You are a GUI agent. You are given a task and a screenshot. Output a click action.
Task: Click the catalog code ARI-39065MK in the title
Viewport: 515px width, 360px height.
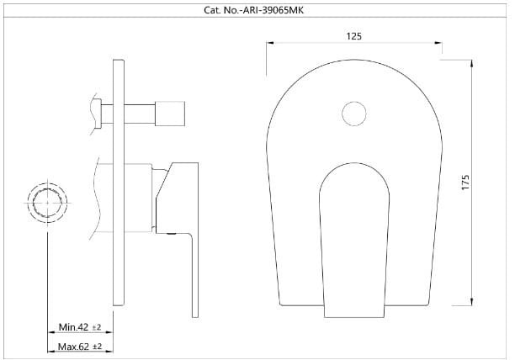coord(280,9)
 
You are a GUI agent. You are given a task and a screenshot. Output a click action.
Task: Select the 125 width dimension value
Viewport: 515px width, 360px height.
coord(354,36)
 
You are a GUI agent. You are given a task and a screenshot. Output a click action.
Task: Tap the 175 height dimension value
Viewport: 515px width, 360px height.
coord(464,183)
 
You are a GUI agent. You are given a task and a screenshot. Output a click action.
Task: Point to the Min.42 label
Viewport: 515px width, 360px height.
coord(73,327)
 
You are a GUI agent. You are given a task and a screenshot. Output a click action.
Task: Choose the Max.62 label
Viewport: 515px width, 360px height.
coord(73,346)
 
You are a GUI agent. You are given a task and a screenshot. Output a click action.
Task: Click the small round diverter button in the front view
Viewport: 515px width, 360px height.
coord(354,113)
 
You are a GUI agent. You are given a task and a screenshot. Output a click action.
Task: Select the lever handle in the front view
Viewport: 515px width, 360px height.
coord(354,236)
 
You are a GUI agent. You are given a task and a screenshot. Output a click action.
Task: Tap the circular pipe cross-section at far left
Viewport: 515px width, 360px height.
coord(46,204)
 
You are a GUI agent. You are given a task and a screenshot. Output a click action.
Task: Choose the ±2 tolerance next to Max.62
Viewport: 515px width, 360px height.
coord(97,346)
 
